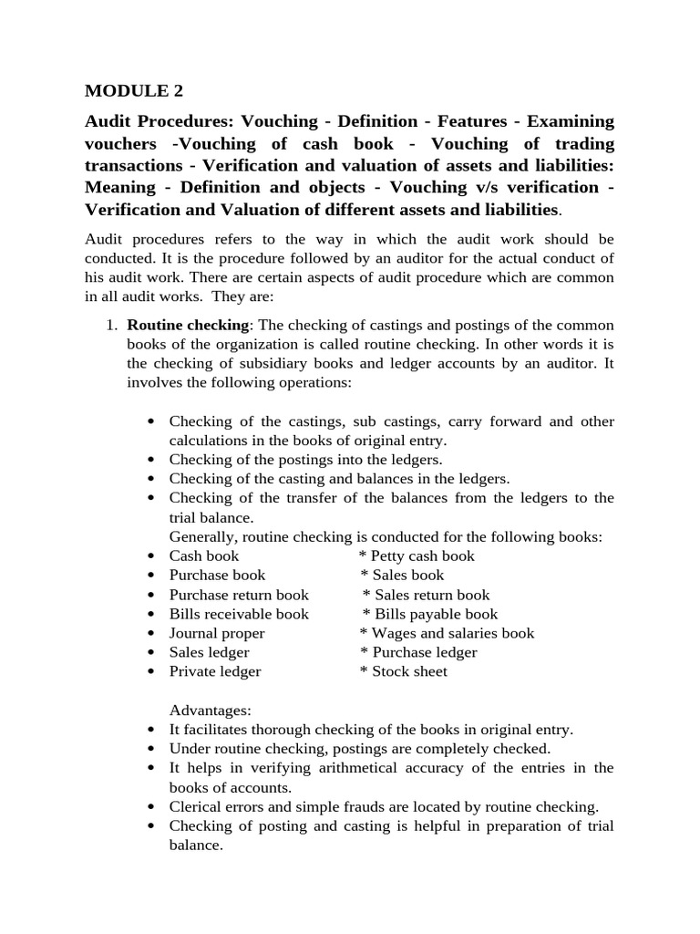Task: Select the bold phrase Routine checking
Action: coord(187,326)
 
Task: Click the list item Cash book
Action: coord(204,555)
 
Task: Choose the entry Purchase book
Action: coord(217,575)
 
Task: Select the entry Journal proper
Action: coord(217,633)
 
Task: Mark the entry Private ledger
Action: coord(215,671)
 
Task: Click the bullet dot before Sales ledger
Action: coord(149,653)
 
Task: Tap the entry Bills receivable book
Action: coord(239,614)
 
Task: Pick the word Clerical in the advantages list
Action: coord(194,806)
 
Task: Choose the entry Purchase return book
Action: coord(239,595)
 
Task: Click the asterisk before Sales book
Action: coord(365,576)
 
